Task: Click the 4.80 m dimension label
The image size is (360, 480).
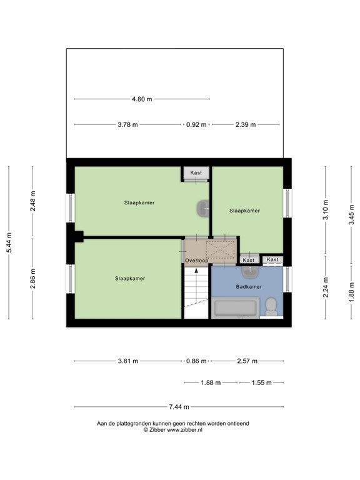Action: click(142, 99)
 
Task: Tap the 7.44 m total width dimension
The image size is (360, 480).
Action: click(179, 407)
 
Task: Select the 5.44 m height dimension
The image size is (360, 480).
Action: click(9, 242)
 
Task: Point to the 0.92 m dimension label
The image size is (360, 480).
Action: click(196, 124)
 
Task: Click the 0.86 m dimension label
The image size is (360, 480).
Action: click(196, 361)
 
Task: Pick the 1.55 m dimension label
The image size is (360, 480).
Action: click(262, 382)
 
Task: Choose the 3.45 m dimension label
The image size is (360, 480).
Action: click(351, 214)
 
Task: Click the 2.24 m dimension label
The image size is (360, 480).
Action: click(326, 287)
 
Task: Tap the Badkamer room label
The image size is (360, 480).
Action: click(249, 287)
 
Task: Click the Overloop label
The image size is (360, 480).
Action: click(196, 261)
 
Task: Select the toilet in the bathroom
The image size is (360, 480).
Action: click(271, 307)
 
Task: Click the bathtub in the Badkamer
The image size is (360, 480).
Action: click(236, 307)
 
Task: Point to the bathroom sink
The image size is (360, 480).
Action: click(251, 272)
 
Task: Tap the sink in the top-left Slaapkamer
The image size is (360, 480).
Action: click(202, 209)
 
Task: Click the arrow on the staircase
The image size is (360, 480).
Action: click(196, 271)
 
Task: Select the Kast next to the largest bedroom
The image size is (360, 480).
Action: click(196, 173)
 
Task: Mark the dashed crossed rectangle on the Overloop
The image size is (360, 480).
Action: click(221, 249)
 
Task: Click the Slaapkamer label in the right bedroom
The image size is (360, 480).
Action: click(244, 211)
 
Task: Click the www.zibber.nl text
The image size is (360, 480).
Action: click(184, 430)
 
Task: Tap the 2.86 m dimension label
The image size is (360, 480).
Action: click(33, 279)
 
